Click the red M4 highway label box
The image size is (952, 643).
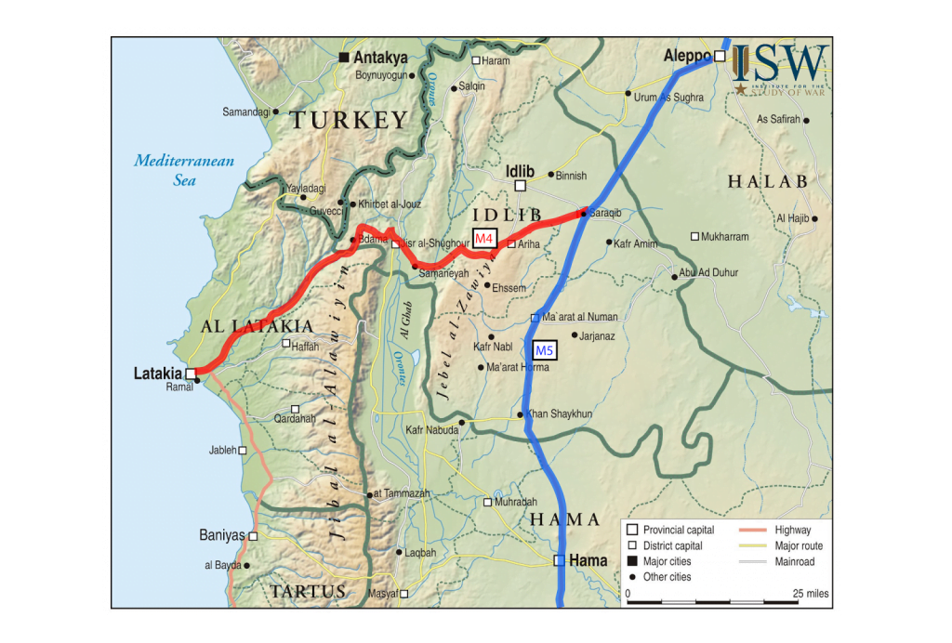tap(483, 238)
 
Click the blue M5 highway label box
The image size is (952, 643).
tap(545, 350)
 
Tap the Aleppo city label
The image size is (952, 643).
tap(686, 57)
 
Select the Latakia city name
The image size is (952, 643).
tap(157, 374)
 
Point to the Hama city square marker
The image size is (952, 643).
tap(560, 560)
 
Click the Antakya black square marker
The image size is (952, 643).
tap(344, 58)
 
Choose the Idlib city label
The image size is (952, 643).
tap(521, 171)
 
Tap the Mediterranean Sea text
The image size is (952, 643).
tap(184, 170)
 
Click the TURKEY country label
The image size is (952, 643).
tap(349, 120)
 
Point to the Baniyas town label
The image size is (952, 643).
tap(221, 535)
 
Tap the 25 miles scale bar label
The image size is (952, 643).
tap(809, 593)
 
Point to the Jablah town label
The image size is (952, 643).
tap(222, 451)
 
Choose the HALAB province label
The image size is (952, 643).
tap(768, 182)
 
